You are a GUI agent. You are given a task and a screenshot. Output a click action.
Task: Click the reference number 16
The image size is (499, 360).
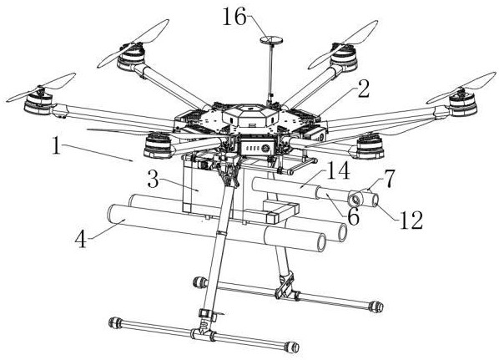(x=234, y=17)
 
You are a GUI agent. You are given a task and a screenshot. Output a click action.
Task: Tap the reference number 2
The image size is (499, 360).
(x=364, y=89)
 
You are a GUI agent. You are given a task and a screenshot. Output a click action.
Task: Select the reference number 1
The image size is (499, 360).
(x=57, y=145)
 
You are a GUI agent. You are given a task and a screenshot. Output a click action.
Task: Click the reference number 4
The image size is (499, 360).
(x=80, y=238)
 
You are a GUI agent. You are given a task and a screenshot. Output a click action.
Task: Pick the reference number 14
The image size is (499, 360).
(x=338, y=170)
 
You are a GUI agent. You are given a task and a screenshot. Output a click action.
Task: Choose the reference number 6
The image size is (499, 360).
(x=353, y=217)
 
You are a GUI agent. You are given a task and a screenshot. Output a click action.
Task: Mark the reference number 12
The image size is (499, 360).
(x=411, y=221)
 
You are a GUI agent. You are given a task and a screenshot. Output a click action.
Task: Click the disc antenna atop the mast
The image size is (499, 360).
(x=272, y=40)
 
